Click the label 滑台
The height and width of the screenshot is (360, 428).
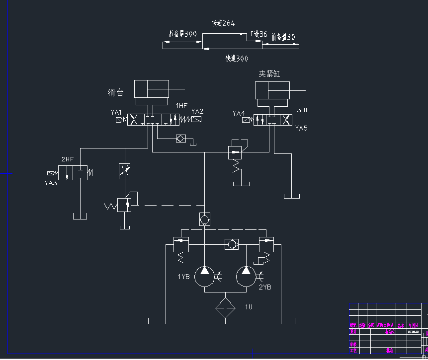point(115,92)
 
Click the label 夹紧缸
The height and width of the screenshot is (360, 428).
point(269,73)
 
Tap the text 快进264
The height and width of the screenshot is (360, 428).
point(223,23)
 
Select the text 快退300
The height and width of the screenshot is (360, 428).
point(237,59)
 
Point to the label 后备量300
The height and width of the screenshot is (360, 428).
point(182,34)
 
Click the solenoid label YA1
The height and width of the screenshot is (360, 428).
point(116,112)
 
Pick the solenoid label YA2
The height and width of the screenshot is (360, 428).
point(197,111)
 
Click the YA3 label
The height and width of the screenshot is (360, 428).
point(51,183)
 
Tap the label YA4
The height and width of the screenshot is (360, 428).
point(239,114)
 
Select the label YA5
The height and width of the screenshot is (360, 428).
point(301,128)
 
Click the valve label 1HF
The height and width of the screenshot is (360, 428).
point(181,106)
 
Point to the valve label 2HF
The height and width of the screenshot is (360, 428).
point(67,159)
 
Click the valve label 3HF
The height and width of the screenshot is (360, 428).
point(303,110)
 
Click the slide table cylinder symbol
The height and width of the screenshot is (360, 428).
point(152,89)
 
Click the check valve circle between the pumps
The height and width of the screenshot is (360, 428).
point(231,245)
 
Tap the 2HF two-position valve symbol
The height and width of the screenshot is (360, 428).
point(73,173)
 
